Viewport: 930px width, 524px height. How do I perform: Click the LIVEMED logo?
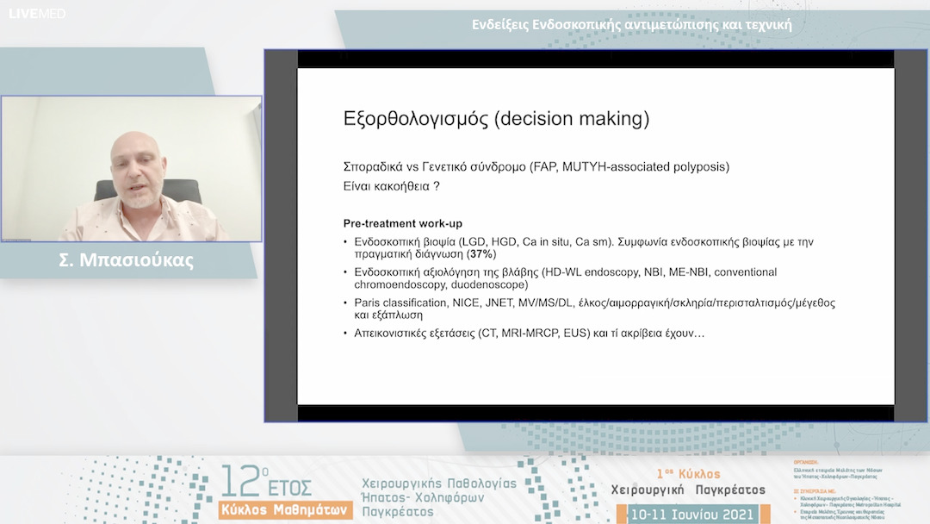pos(37,14)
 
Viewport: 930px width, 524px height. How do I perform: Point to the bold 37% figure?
pos(481,255)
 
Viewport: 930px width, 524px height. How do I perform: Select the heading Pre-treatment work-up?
pos(402,224)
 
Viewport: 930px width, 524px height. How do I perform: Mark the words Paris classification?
pos(399,303)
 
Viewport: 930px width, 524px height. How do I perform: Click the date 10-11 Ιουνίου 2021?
pos(693,515)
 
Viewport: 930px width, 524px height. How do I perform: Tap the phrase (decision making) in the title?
pos(572,118)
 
